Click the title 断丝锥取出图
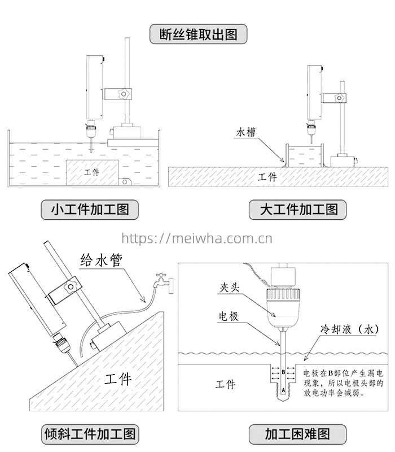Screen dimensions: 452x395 tap(198, 34)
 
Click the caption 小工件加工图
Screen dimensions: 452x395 tap(90, 210)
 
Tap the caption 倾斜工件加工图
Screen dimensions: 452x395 tap(90, 434)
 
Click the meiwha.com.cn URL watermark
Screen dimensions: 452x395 tap(197, 238)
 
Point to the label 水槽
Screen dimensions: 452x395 tap(247, 133)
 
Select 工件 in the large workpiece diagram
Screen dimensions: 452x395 tap(267, 177)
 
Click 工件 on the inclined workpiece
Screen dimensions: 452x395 tap(117, 378)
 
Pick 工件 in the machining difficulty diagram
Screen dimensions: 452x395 tap(225, 384)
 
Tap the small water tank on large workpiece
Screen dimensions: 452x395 tap(305, 155)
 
